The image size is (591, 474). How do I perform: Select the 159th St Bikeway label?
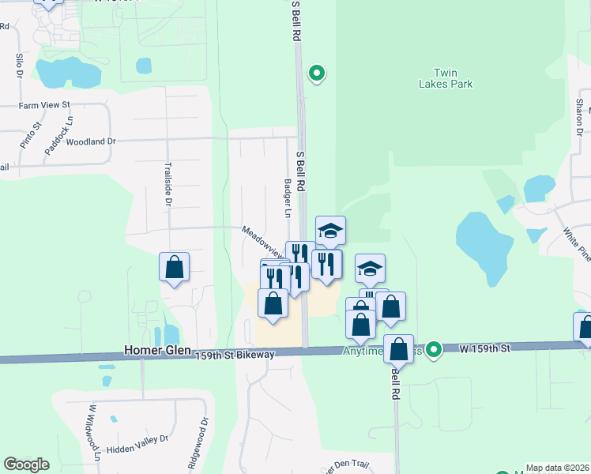tap(235, 355)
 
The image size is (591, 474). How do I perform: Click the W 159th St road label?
tap(484, 347)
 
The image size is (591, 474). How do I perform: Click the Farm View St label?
tap(45, 104)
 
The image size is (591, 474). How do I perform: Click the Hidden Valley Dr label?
tap(137, 438)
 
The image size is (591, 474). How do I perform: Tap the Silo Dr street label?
tap(18, 66)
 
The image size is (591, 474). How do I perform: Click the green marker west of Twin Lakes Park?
tap(317, 73)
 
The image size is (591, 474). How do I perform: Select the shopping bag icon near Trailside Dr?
tap(175, 267)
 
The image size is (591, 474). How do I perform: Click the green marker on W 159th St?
tap(433, 348)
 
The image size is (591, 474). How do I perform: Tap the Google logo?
tap(26, 465)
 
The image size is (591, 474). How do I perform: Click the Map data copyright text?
tap(557, 468)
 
